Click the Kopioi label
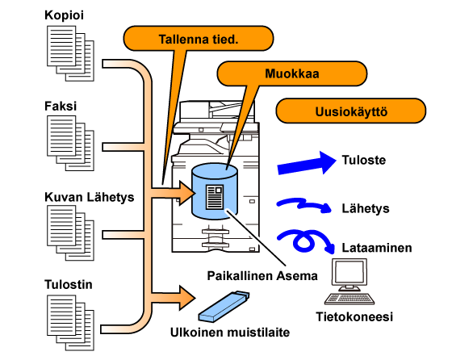tap(64, 15)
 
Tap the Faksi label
tap(61, 106)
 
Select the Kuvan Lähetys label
tap(90, 198)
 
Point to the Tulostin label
tap(69, 284)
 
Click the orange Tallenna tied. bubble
tap(199, 39)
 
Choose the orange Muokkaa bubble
tap(291, 73)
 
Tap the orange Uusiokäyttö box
tap(351, 111)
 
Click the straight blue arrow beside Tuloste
tap(307, 164)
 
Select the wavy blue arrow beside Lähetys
tap(304, 205)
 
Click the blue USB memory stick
tap(224, 306)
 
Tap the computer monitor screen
tap(349, 271)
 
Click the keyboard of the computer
tap(349, 299)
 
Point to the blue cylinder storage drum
tap(215, 190)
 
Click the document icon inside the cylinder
tap(215, 197)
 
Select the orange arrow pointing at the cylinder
tap(173, 193)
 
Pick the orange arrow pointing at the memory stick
tap(173, 298)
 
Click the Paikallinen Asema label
tap(262, 276)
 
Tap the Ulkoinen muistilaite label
tap(230, 333)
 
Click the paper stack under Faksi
tap(70, 143)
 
